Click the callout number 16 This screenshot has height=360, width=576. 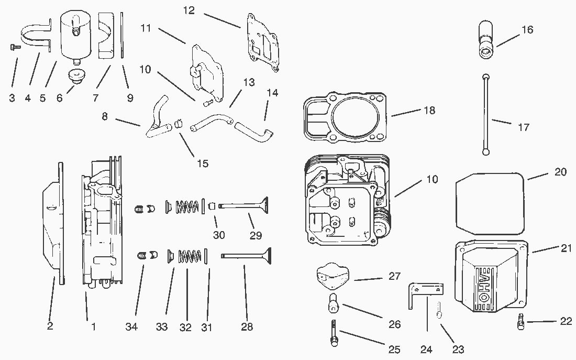pyautogui.click(x=527, y=30)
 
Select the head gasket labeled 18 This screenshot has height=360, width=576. pyautogui.click(x=346, y=118)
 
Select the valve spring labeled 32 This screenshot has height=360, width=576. pyautogui.click(x=190, y=257)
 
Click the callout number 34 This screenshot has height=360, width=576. pyautogui.click(x=131, y=327)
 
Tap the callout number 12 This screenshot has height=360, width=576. pyautogui.click(x=189, y=10)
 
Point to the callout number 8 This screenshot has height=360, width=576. pyautogui.click(x=105, y=116)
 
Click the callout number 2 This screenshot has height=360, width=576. pyautogui.click(x=50, y=326)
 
